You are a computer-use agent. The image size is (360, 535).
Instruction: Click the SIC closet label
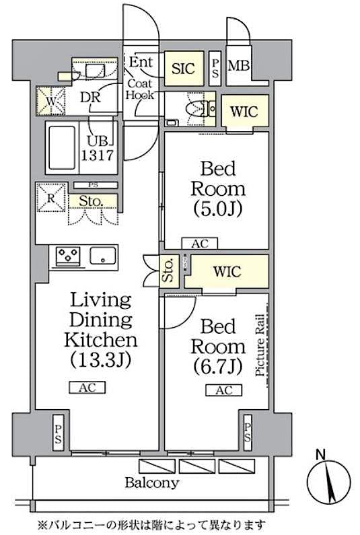(x=183, y=68)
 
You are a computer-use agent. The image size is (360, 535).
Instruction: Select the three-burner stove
(x=68, y=256)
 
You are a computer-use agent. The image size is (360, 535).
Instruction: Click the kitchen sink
(x=103, y=256)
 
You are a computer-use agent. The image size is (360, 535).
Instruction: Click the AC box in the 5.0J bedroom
(x=200, y=244)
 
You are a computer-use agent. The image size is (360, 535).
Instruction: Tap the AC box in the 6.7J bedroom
(x=224, y=390)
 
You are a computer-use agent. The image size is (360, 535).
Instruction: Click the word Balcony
(x=151, y=483)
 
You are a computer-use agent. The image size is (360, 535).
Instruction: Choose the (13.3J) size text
(x=101, y=360)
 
